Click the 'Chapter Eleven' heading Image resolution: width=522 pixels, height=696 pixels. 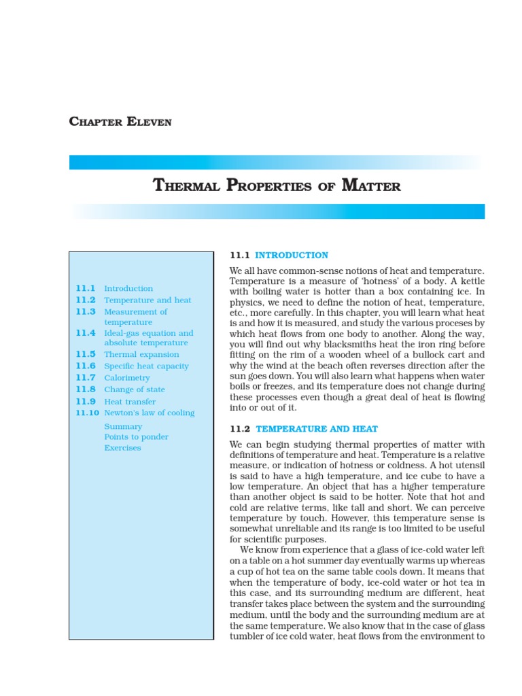click(x=120, y=122)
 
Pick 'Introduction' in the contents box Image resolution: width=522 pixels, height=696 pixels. click(x=128, y=289)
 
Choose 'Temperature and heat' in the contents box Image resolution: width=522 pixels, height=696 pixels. click(x=147, y=300)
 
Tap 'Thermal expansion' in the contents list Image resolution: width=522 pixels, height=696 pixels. click(x=141, y=355)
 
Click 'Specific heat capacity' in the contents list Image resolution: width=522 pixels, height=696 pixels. click(x=146, y=366)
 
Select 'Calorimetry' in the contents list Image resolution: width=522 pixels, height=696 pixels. click(x=125, y=378)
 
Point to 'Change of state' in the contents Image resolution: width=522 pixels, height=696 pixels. click(x=135, y=390)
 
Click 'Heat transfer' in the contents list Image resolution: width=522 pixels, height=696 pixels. click(x=130, y=402)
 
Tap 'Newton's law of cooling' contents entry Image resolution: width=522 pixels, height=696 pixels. click(x=149, y=413)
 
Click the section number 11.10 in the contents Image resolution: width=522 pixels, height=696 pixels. click(x=88, y=413)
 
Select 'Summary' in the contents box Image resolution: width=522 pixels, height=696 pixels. click(x=123, y=427)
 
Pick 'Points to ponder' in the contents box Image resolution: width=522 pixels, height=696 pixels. click(x=136, y=437)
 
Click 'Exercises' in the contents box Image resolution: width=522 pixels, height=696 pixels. click(x=122, y=449)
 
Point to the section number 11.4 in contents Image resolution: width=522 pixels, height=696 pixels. click(x=86, y=333)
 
